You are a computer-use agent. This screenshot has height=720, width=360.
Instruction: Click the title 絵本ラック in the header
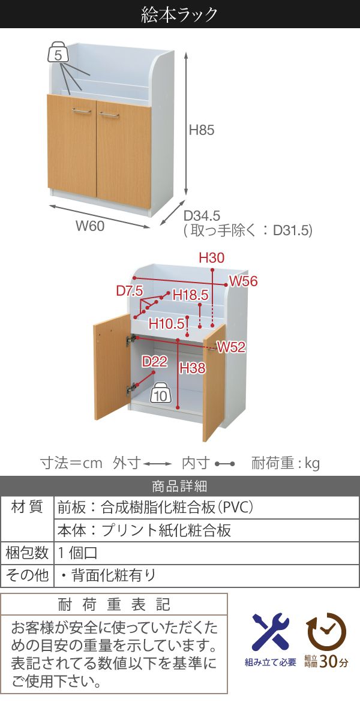[179, 14]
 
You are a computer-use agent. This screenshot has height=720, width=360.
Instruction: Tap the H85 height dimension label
[201, 130]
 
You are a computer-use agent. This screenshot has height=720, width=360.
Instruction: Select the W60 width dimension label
[90, 226]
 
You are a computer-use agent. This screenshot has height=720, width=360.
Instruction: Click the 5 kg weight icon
[58, 54]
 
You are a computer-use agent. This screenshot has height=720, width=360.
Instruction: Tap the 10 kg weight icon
[160, 395]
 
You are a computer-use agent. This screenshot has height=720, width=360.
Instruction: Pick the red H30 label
[211, 258]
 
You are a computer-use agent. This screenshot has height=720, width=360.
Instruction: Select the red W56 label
[243, 281]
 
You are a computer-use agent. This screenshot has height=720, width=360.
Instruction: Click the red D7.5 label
[129, 291]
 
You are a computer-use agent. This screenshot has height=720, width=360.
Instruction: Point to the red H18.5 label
[190, 295]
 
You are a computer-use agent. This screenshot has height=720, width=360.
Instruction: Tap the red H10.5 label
[166, 324]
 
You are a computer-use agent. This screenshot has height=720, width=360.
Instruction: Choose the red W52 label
[232, 347]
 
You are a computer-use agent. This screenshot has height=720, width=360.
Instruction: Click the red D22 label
[154, 361]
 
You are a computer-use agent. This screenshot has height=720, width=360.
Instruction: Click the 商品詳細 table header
[179, 487]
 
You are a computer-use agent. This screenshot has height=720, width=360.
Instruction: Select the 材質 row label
[27, 508]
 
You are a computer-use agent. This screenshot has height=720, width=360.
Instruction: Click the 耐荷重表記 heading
[114, 604]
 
